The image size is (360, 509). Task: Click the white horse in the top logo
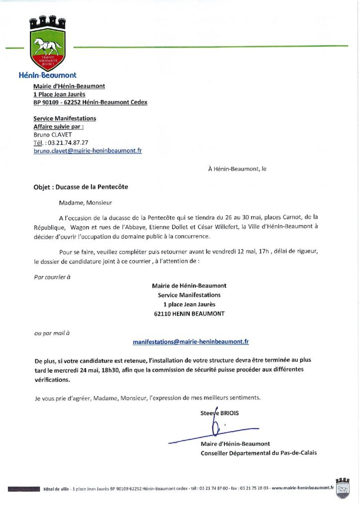tap(48, 47)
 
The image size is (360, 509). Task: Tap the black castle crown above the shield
tap(48, 23)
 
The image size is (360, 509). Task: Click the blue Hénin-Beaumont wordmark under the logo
tap(47, 76)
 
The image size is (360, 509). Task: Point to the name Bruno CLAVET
tap(53, 134)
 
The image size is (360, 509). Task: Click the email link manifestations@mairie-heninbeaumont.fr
tap(191, 342)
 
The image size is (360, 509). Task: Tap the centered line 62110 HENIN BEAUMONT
tap(189, 314)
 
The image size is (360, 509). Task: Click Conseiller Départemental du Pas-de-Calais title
tap(258, 453)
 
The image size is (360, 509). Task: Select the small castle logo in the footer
tap(343, 488)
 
